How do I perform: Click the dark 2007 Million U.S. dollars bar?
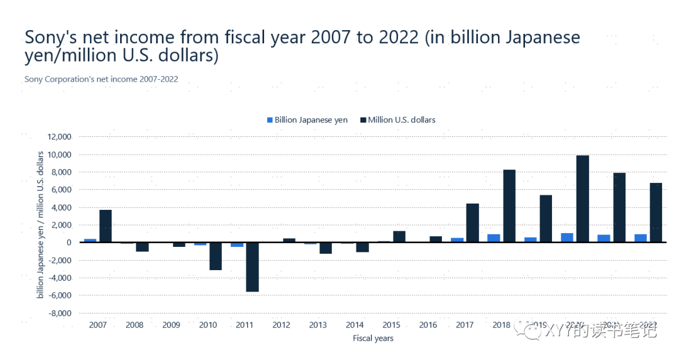coord(106,226)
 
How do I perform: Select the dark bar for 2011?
coord(252,267)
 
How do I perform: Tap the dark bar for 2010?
coord(216,256)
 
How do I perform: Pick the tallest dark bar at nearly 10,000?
coord(582,199)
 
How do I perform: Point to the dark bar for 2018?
coord(509,206)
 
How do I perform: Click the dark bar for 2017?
coord(472,223)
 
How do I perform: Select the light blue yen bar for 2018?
coord(494,238)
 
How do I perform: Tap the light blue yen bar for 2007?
coord(91,241)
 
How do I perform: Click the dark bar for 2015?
coord(399,236)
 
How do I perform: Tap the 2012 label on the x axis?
coord(281,325)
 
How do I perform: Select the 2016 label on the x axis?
coord(428,325)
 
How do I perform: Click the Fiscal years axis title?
coord(373,338)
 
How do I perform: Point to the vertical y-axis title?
coord(40,224)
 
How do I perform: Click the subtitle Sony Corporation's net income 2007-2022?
coord(101,79)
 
